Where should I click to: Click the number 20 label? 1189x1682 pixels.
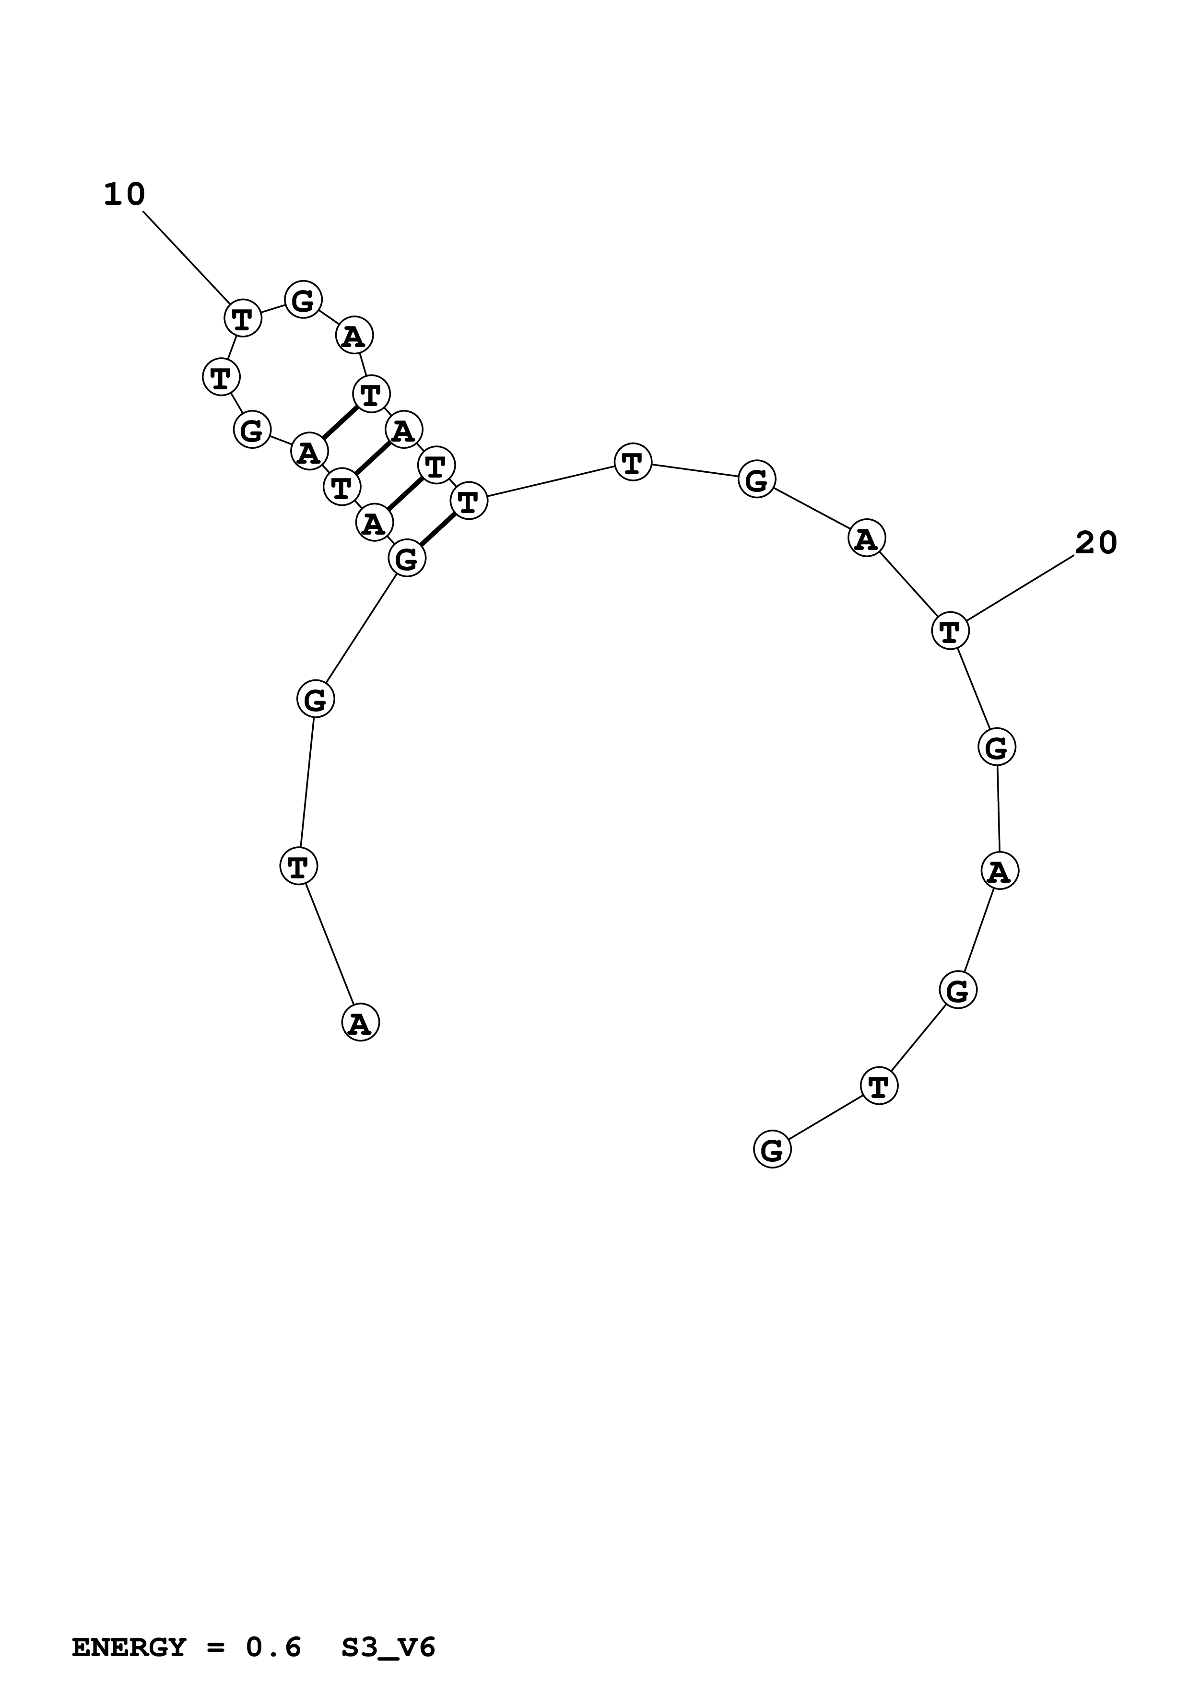click(x=1096, y=543)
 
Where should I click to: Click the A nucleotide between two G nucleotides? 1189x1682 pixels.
click(x=1000, y=871)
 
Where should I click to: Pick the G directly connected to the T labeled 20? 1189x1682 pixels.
click(x=997, y=748)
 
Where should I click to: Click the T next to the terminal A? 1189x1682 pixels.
click(x=298, y=866)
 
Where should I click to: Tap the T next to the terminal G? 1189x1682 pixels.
click(x=878, y=1085)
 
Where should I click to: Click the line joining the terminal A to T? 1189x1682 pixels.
click(x=330, y=945)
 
